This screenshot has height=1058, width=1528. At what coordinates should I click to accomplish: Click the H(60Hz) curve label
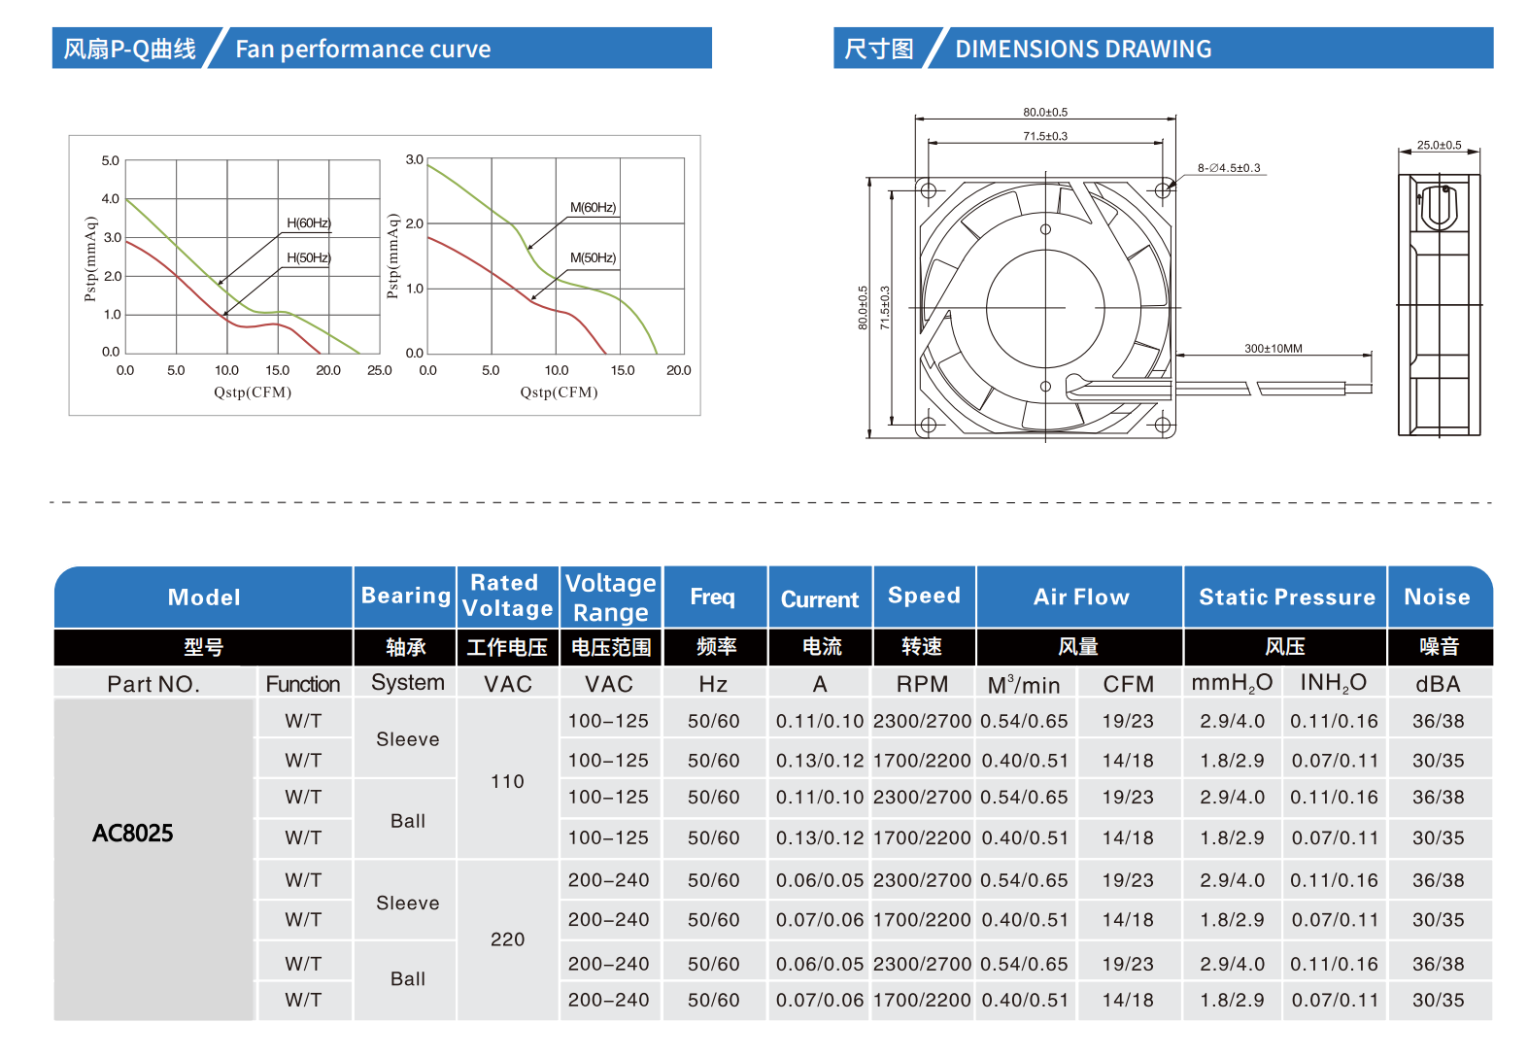(x=309, y=223)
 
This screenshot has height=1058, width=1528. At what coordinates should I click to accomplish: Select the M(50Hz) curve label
(x=593, y=258)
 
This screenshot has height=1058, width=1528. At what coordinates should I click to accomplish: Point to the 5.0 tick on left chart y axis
(x=111, y=161)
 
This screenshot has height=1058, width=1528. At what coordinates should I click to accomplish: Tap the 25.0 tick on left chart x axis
(x=380, y=371)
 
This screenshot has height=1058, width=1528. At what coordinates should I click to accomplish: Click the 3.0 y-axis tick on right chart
(x=415, y=159)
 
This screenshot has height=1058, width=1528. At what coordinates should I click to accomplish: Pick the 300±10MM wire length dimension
(x=1273, y=349)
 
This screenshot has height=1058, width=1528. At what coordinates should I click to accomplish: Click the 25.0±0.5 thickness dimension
(x=1439, y=146)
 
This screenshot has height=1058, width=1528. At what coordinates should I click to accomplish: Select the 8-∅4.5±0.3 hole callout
(x=1229, y=168)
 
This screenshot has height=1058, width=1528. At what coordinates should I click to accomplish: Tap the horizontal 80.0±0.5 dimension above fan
(x=1045, y=113)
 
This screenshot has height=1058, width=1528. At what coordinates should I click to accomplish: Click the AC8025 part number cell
(x=133, y=834)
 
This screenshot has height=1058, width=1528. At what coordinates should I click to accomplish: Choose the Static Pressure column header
(x=1286, y=597)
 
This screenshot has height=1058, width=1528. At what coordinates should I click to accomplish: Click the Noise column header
(x=1437, y=597)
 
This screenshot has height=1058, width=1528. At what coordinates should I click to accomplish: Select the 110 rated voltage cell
(x=507, y=782)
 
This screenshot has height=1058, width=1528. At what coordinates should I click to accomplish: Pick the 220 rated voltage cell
(x=507, y=939)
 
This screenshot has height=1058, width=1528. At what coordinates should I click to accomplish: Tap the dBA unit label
(x=1438, y=684)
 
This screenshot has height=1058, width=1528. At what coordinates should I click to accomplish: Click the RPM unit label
(x=922, y=684)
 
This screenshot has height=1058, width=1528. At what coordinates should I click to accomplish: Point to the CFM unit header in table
(x=1128, y=684)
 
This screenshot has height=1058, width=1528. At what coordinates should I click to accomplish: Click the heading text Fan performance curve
(x=363, y=50)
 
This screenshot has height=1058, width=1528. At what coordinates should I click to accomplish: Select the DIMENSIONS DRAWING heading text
(x=1083, y=50)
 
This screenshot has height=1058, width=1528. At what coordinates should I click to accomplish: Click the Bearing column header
(x=405, y=596)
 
